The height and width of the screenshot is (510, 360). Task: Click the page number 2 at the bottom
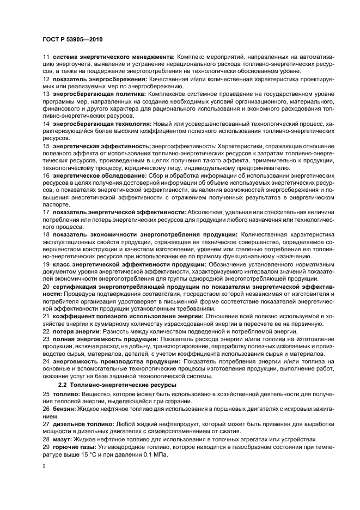[45, 466]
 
